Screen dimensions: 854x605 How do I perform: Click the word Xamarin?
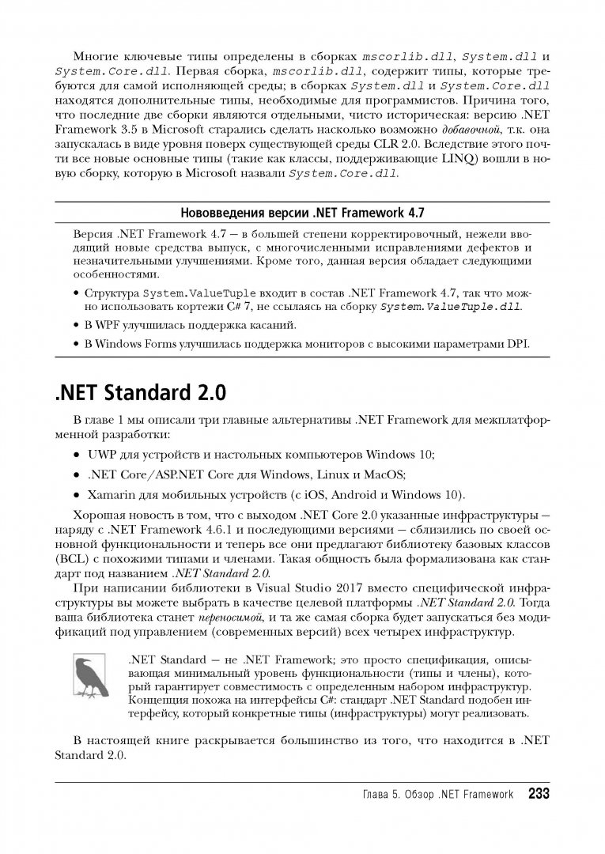coord(110,494)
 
